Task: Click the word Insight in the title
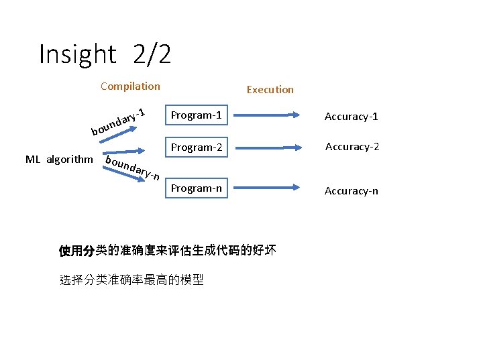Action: click(78, 54)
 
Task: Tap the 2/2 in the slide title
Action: click(152, 54)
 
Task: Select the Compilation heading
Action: click(130, 86)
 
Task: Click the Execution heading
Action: click(270, 89)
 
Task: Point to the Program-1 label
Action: click(196, 115)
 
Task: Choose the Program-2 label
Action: click(196, 147)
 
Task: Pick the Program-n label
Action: click(196, 188)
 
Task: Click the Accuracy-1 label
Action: click(351, 117)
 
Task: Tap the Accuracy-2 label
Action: click(352, 146)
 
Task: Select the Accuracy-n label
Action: click(351, 191)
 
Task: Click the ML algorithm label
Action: click(59, 159)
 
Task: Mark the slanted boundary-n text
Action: click(132, 168)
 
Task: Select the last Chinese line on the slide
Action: click(131, 280)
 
